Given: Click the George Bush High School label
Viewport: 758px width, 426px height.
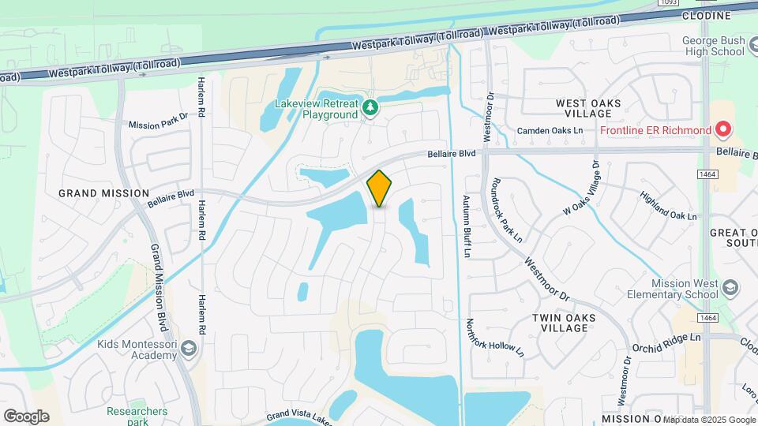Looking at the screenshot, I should [713, 46].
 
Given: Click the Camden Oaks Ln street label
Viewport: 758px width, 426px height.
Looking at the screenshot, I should [550, 131].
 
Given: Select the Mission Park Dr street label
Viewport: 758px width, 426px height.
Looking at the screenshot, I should [158, 124].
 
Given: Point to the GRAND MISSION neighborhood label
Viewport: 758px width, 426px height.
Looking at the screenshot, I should [104, 192].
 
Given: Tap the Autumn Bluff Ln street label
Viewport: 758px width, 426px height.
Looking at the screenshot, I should [467, 227].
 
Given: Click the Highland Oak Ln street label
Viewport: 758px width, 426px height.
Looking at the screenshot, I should [669, 206].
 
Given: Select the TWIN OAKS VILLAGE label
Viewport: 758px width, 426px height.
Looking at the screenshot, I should [563, 323].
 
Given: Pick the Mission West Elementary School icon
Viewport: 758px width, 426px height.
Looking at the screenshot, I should [730, 286].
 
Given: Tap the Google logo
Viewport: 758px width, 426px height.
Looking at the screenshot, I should [26, 416].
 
